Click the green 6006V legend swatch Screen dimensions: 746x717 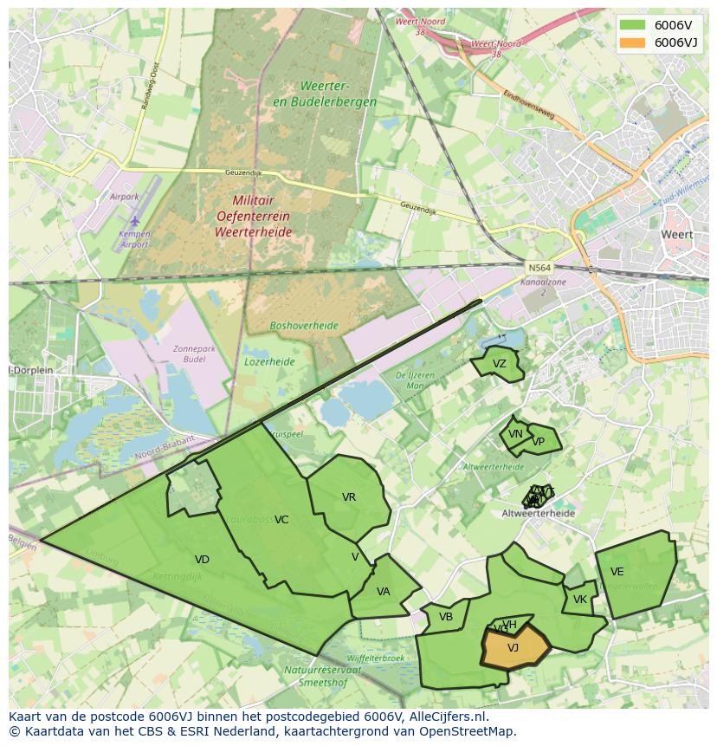click(x=633, y=25)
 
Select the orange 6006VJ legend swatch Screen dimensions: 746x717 click(x=633, y=42)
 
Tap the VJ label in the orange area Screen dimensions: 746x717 click(x=513, y=647)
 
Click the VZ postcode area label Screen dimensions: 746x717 click(x=499, y=364)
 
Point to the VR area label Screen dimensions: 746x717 click(x=349, y=497)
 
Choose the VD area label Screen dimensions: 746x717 click(x=202, y=560)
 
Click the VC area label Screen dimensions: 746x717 click(x=281, y=520)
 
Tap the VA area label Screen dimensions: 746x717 click(x=384, y=592)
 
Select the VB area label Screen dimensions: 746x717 click(x=446, y=617)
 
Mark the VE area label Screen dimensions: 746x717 click(x=617, y=572)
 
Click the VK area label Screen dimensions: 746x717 click(x=580, y=600)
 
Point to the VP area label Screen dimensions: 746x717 click(x=539, y=441)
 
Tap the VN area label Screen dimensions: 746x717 click(x=515, y=434)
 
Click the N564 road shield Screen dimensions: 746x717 click(x=538, y=268)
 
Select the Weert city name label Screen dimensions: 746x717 click(x=676, y=234)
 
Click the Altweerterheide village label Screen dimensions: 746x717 click(x=538, y=513)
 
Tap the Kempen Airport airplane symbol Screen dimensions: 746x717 click(x=134, y=221)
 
